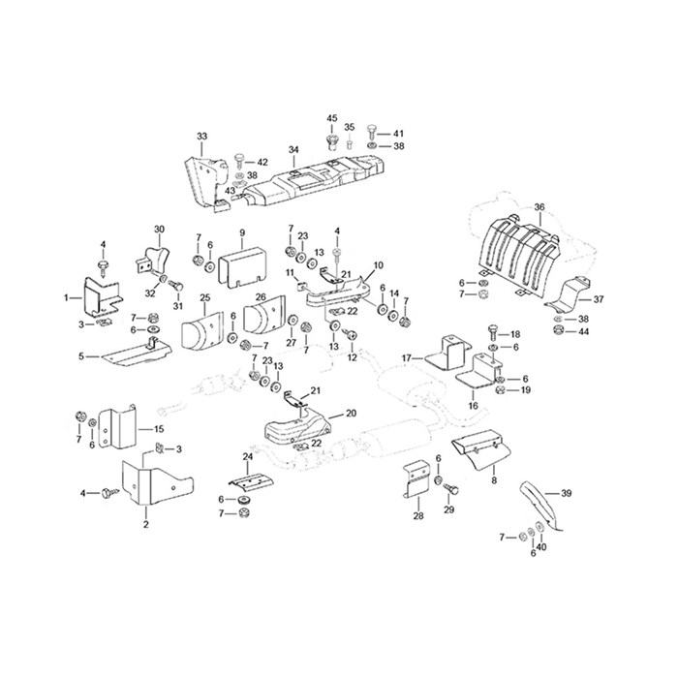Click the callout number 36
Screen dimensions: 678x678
coord(539,207)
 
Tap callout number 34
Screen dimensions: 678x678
coord(293,150)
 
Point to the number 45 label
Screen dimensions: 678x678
coord(331,118)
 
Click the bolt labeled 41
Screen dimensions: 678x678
coord(371,132)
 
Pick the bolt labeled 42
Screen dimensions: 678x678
coord(240,161)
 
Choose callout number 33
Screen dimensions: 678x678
coord(201,137)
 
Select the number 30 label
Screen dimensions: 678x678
coord(160,229)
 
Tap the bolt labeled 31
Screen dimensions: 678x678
coord(178,286)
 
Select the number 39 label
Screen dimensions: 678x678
coord(566,493)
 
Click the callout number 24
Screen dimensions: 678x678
coord(248,456)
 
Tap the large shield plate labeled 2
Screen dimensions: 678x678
coord(157,483)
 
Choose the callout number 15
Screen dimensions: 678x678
coord(159,429)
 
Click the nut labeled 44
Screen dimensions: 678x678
coord(557,331)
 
